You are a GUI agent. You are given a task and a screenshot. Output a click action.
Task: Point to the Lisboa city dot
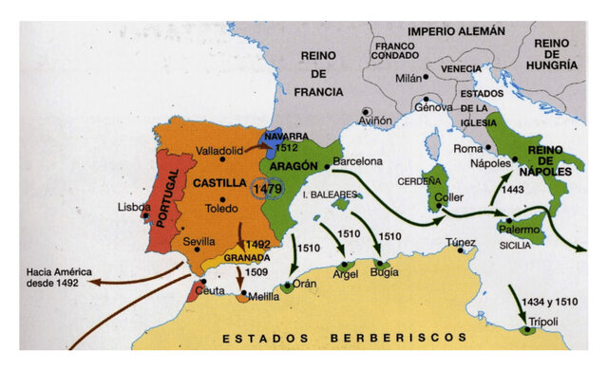coord(145,215)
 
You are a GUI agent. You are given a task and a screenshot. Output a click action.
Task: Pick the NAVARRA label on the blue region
coord(285,136)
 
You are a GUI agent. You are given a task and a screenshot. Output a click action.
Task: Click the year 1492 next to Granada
coord(257,244)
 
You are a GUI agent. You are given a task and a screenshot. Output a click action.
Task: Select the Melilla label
coord(262,297)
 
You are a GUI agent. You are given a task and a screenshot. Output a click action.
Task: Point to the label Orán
coord(303,282)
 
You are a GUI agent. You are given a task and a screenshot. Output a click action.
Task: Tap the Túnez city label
coord(460,242)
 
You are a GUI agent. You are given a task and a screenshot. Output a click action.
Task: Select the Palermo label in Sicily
coord(521,228)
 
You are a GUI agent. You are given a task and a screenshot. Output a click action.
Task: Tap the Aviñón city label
coord(374,121)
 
